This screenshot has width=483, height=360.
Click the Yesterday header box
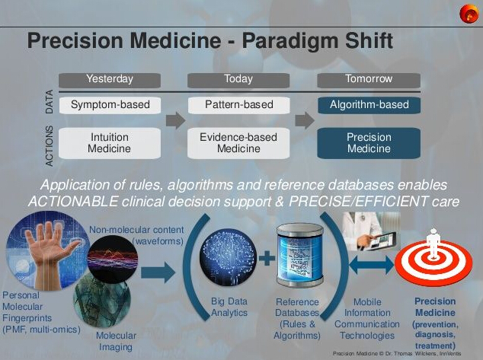[110, 81]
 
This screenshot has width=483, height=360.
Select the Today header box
[238, 81]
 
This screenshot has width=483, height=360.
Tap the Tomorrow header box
[369, 81]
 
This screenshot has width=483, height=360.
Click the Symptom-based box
[110, 105]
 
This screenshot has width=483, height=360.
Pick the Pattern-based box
[238, 105]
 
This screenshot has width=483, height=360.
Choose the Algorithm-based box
[369, 105]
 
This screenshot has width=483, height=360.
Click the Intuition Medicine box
[110, 143]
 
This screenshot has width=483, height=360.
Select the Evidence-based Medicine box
[238, 143]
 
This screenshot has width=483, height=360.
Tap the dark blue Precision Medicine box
[369, 143]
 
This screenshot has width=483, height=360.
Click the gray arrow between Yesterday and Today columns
[175, 120]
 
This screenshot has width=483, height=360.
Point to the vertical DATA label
[49, 102]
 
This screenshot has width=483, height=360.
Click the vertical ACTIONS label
[49, 146]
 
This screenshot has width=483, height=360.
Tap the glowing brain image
[228, 257]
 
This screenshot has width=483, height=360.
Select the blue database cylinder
[299, 255]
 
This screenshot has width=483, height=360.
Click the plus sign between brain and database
[267, 258]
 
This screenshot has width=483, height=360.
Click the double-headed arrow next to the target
[372, 265]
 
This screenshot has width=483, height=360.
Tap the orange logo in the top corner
[469, 14]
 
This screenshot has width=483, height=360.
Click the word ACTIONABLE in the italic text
[73, 202]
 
